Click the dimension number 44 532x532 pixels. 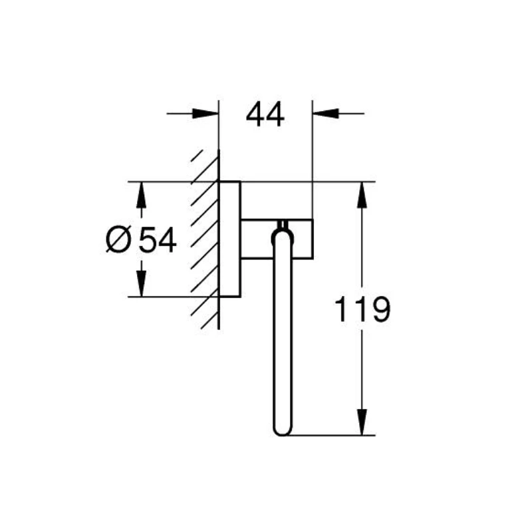[265, 115]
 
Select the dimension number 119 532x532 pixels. [361, 310]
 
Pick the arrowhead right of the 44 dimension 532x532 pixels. [324, 114]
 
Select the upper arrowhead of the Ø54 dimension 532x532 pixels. [140, 194]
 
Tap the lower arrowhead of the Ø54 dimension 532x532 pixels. [140, 283]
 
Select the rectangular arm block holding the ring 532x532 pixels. [276, 237]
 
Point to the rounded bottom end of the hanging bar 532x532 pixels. [282, 431]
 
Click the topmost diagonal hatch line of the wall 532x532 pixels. [198, 158]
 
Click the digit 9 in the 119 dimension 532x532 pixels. [378, 310]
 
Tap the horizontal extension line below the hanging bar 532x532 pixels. [332, 436]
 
